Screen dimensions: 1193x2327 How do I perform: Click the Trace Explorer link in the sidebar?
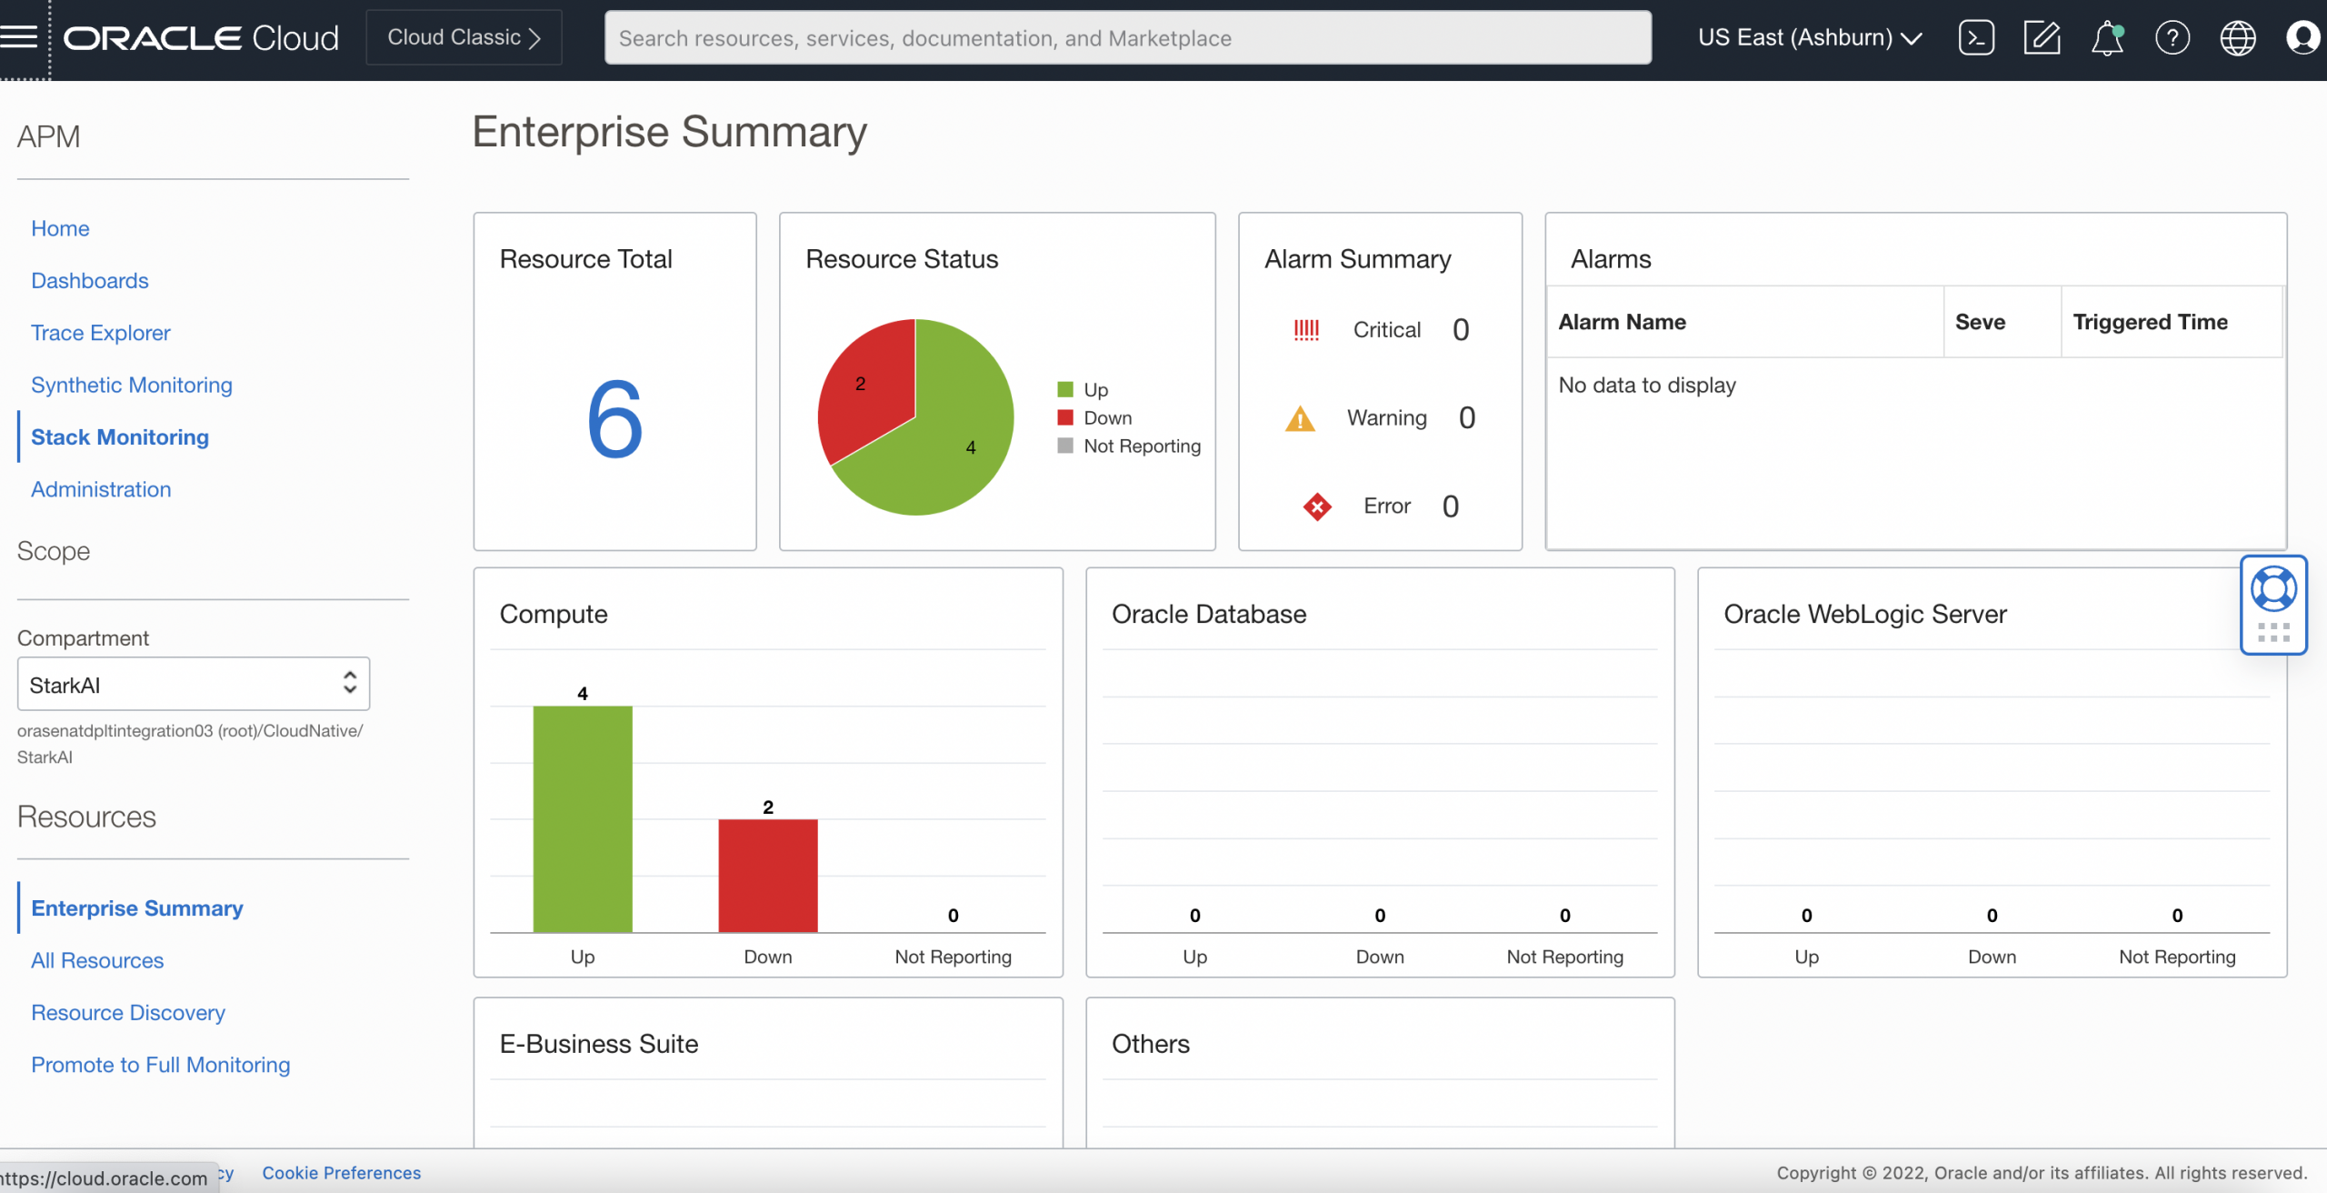pyautogui.click(x=101, y=333)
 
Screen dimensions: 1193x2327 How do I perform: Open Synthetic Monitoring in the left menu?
pyautogui.click(x=132, y=385)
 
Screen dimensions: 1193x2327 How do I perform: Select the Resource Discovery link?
pyautogui.click(x=128, y=1012)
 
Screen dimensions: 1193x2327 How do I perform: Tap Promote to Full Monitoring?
pyautogui.click(x=161, y=1065)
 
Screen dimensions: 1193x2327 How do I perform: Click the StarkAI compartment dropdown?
pyautogui.click(x=193, y=684)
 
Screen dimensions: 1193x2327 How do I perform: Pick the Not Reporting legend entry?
pyautogui.click(x=1141, y=446)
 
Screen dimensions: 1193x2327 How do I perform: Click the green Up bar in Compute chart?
pyautogui.click(x=583, y=818)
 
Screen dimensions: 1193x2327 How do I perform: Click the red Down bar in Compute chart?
pyautogui.click(x=768, y=875)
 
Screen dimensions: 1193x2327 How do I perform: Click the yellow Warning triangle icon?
pyautogui.click(x=1300, y=419)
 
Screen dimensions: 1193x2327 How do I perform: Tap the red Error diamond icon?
pyautogui.click(x=1316, y=506)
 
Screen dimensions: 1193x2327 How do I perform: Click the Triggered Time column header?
pyautogui.click(x=2150, y=322)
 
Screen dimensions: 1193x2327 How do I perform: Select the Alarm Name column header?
pyautogui.click(x=1622, y=322)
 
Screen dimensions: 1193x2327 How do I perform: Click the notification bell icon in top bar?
pyautogui.click(x=2107, y=38)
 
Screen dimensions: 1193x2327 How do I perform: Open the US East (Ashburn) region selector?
pyautogui.click(x=1809, y=38)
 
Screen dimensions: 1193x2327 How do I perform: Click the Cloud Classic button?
pyautogui.click(x=464, y=37)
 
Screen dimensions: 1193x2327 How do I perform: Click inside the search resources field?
pyautogui.click(x=1127, y=38)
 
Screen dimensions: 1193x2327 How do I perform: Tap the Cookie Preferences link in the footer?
pyautogui.click(x=342, y=1173)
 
